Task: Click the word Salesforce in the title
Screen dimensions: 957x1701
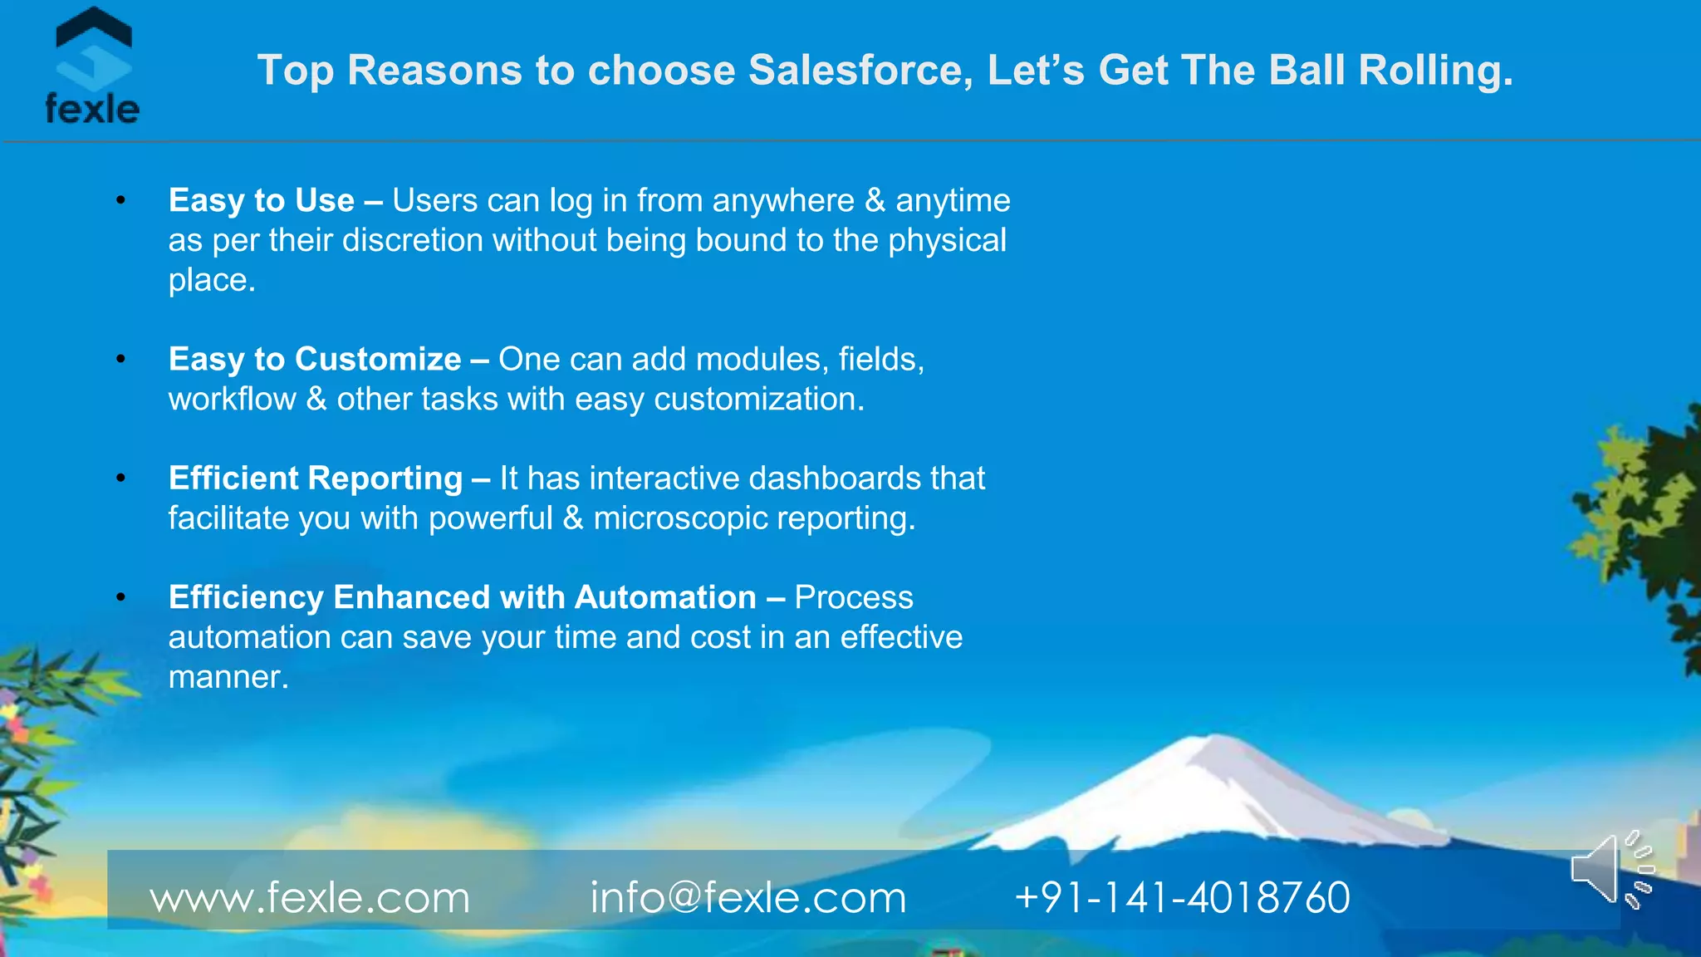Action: [860, 70]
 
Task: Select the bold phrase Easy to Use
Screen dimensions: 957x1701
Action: [262, 200]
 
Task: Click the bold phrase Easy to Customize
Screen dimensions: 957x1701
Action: [315, 359]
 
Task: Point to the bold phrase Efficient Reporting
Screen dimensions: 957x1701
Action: [316, 478]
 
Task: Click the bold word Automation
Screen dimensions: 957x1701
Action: [665, 597]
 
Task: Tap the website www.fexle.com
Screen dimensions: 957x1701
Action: [310, 897]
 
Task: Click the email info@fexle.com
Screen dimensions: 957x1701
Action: [748, 897]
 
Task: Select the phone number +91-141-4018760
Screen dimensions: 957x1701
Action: [1182, 897]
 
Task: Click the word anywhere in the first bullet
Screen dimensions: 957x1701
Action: [782, 200]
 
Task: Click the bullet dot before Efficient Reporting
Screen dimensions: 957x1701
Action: [121, 478]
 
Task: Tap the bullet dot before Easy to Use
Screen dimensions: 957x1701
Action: [121, 200]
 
